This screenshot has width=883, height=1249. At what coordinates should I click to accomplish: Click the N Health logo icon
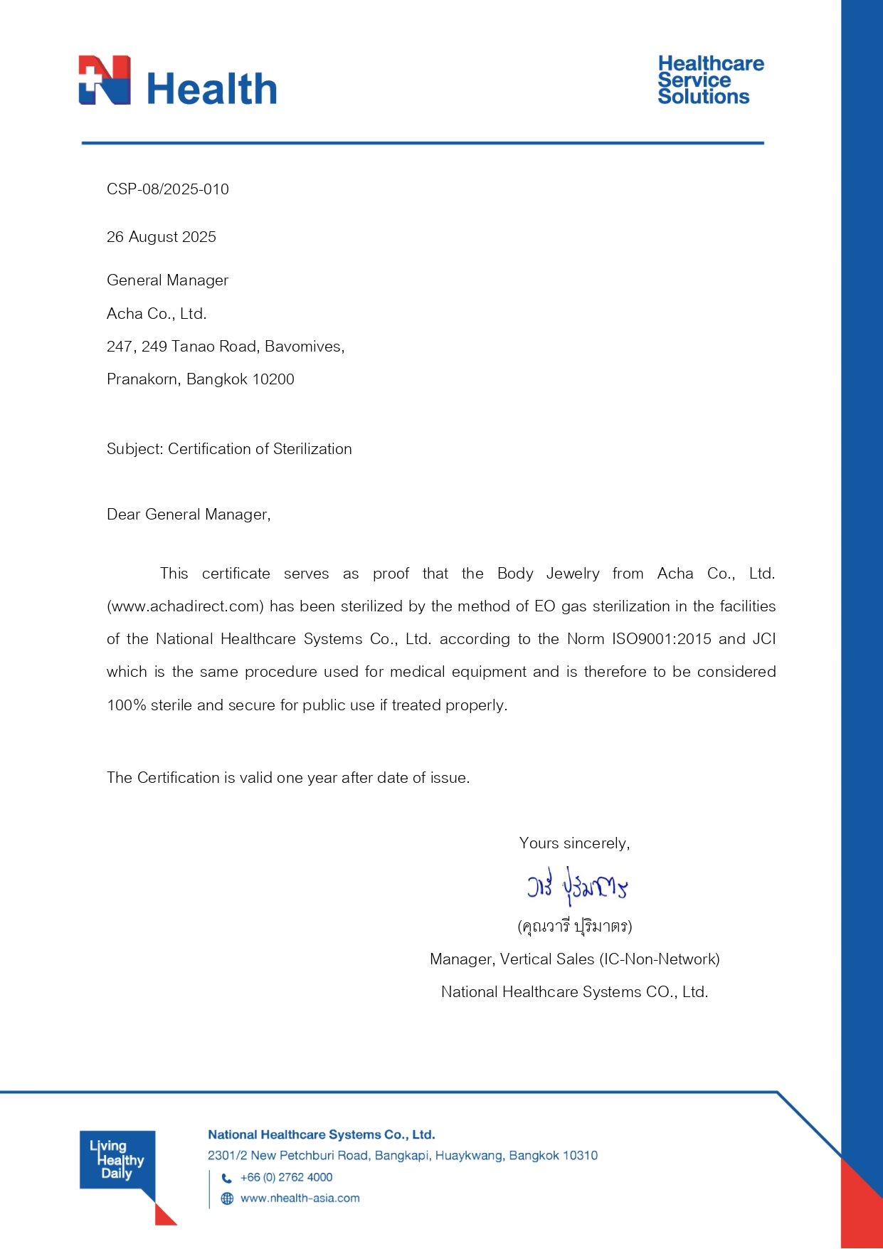105,80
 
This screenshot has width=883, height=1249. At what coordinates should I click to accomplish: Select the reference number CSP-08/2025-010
168,189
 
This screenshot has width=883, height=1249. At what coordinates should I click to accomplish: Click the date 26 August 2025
162,237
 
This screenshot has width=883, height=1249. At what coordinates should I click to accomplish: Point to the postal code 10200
273,379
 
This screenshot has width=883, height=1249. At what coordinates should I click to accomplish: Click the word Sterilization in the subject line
312,449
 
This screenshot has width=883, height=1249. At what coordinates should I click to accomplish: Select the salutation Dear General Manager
189,515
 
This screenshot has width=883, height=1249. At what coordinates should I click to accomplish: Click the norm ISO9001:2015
662,639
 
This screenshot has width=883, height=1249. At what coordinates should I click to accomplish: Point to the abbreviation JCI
763,639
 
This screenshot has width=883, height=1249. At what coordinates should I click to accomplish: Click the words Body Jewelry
548,574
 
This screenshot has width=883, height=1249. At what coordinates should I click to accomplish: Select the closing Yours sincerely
574,843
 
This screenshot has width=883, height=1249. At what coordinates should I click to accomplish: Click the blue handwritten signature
577,886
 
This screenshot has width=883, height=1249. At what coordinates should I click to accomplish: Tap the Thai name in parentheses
575,926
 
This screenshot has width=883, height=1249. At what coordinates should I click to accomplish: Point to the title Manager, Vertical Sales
512,959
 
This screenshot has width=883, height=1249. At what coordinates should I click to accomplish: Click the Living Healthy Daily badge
117,1160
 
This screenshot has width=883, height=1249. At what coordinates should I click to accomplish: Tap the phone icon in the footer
227,1178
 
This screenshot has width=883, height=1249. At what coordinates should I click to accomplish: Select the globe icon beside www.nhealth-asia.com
227,1198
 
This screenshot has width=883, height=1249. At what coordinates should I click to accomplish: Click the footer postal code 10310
578,1156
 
